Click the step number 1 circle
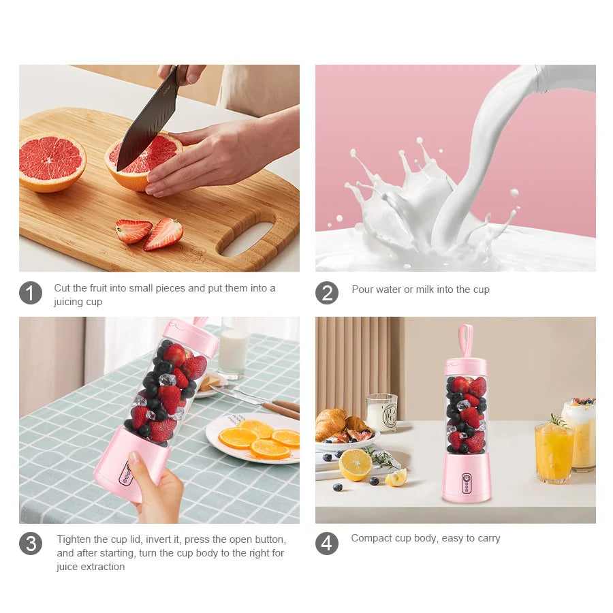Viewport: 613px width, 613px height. (x=31, y=293)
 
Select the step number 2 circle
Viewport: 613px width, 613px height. (x=327, y=293)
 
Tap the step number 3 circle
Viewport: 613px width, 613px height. (x=31, y=544)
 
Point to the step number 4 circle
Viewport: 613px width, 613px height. (x=327, y=544)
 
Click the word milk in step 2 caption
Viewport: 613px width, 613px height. (x=421, y=289)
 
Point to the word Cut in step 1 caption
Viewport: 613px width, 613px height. (x=62, y=288)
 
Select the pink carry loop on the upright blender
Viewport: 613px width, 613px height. (x=466, y=341)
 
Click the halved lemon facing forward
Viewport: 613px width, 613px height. (x=356, y=465)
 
